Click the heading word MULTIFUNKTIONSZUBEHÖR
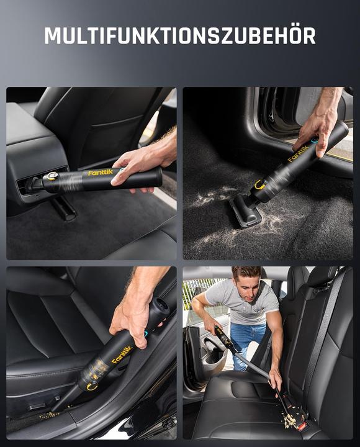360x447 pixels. point(179,35)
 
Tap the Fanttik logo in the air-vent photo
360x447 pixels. point(100,173)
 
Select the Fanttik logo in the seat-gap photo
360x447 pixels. point(122,355)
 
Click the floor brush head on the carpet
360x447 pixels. point(245,211)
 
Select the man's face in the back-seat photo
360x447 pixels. point(247,282)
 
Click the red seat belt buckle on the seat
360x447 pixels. point(303,426)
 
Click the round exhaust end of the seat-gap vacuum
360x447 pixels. point(161,305)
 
